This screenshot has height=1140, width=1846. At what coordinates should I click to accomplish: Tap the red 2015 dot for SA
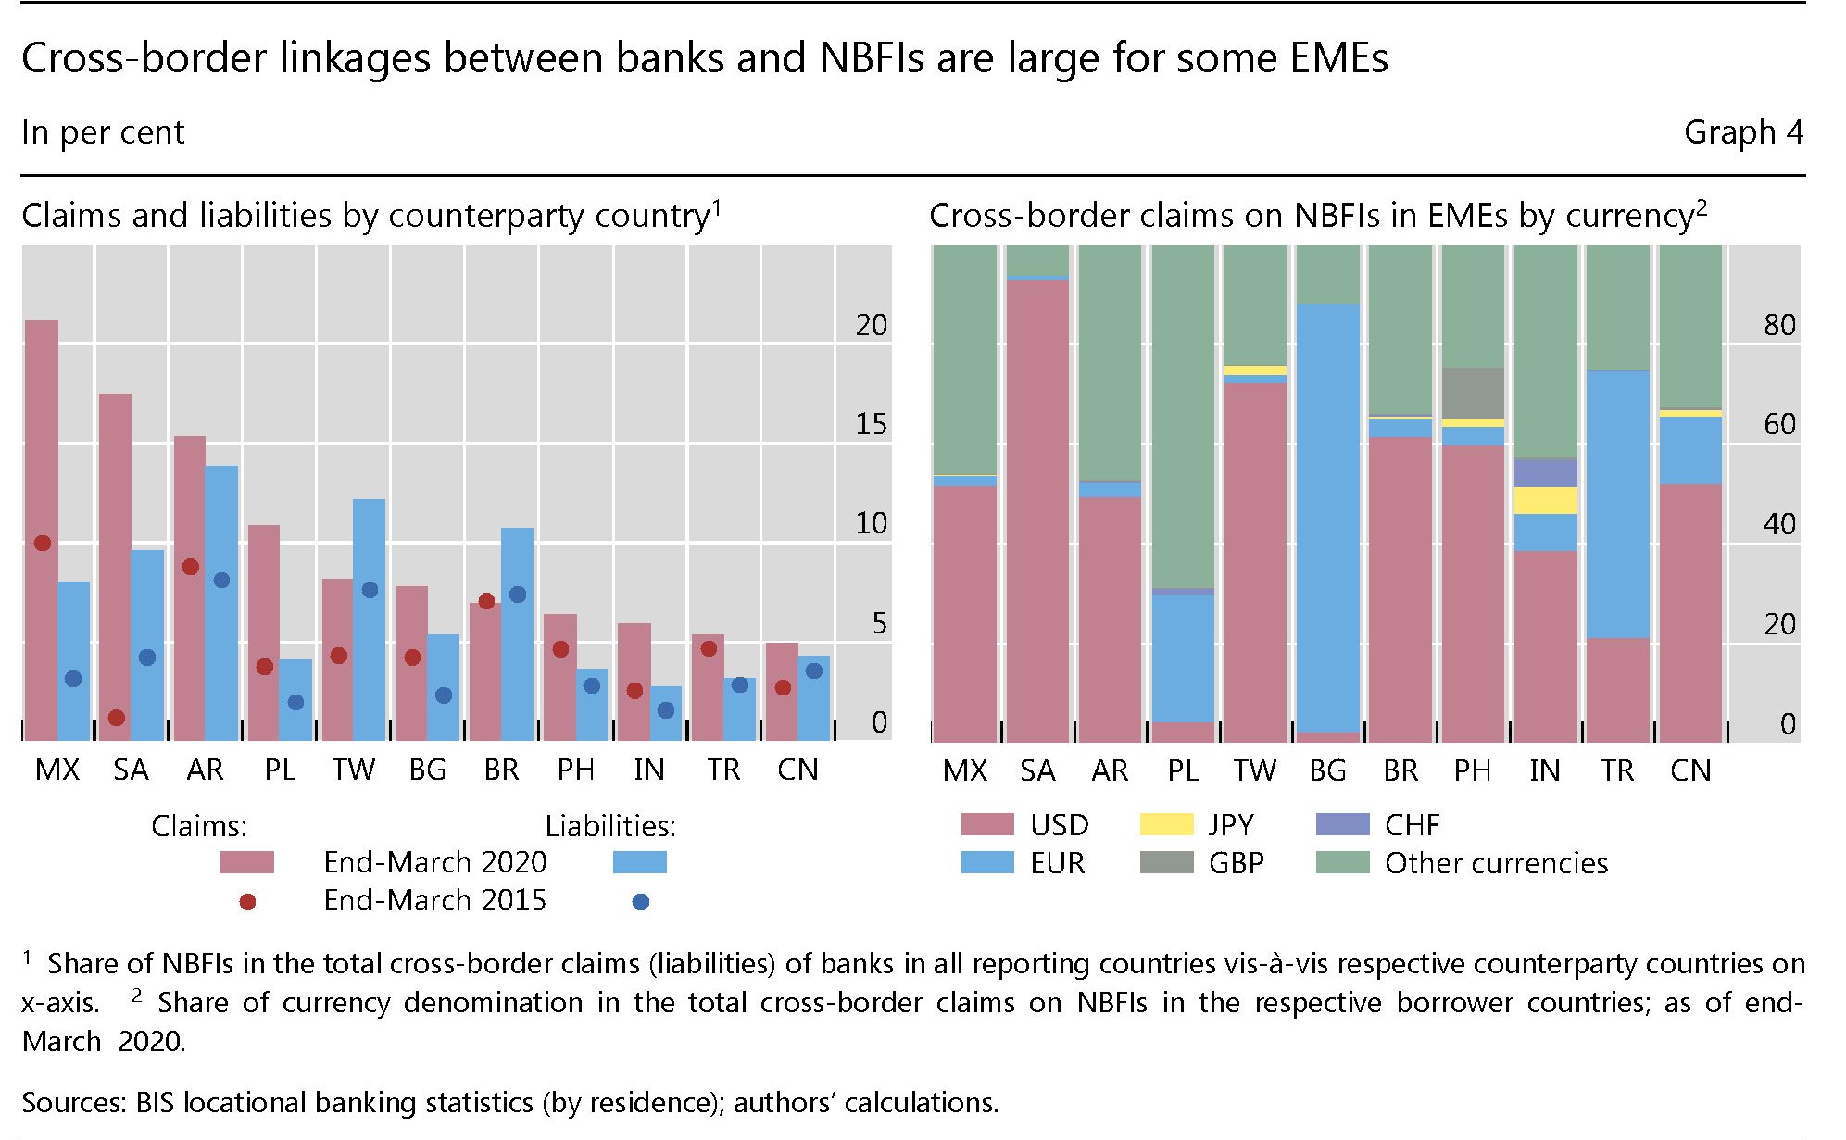pos(117,718)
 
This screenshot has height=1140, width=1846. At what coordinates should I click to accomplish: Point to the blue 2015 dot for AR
pos(221,581)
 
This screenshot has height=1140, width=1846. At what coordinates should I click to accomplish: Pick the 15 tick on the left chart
pos(871,424)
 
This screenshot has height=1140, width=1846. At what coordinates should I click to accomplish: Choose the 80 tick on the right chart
pos(1779,325)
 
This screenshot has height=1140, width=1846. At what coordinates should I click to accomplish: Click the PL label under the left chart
pos(280,770)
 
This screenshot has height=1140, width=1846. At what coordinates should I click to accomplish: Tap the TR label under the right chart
pos(1617,770)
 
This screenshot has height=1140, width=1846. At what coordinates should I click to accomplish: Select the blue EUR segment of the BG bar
pos(1327,519)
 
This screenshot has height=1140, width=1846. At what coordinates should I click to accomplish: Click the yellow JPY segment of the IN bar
pos(1545,500)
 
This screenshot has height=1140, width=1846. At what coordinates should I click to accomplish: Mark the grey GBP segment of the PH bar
pos(1473,393)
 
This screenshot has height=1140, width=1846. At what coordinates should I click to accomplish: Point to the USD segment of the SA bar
pos(1037,509)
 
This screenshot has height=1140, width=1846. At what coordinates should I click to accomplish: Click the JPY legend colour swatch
pos(1166,824)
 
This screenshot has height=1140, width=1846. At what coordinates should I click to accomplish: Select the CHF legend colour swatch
pos(1342,824)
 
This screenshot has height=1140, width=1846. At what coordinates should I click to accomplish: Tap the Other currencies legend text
pos(1496,863)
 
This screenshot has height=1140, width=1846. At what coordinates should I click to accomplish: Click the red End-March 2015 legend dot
pos(247,902)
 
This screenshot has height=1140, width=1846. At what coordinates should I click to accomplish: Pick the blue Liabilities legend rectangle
pos(639,863)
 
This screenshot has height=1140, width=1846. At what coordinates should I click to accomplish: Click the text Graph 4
pos(1743,132)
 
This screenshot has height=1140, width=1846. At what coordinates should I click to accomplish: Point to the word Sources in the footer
pos(72,1102)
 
